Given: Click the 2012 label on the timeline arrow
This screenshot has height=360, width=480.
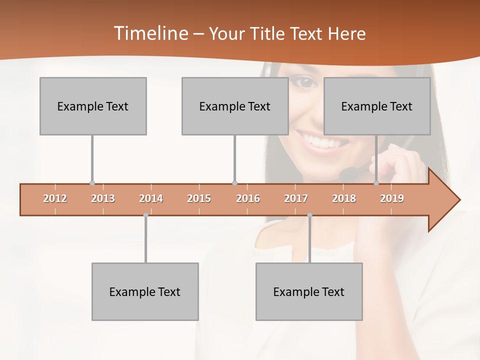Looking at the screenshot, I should (55, 198).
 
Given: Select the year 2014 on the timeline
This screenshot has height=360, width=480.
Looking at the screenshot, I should (151, 198).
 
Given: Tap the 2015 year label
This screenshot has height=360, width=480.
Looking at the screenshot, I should (199, 198).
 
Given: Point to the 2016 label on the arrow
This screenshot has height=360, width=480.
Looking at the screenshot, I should (248, 198).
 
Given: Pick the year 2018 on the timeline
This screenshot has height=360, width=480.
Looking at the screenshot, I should (344, 198).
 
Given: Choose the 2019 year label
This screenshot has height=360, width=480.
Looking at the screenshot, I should (392, 198).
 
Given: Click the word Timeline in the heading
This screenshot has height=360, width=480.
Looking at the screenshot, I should (150, 33).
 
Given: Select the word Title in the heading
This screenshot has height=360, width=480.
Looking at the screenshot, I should (269, 34).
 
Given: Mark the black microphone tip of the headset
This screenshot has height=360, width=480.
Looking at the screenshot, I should (347, 173).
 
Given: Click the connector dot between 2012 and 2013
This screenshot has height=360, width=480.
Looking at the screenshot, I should (92, 183).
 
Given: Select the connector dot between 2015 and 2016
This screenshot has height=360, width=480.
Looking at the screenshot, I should (234, 183).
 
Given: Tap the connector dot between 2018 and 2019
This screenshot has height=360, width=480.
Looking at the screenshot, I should (376, 183).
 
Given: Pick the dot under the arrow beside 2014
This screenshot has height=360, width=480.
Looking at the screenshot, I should (145, 215).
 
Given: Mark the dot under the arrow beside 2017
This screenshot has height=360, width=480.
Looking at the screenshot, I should (309, 215).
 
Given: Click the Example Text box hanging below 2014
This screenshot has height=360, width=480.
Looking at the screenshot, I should (145, 291).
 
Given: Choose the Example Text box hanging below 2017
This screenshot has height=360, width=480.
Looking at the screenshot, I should (309, 291).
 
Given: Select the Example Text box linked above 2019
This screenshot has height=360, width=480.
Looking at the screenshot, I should (377, 106).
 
